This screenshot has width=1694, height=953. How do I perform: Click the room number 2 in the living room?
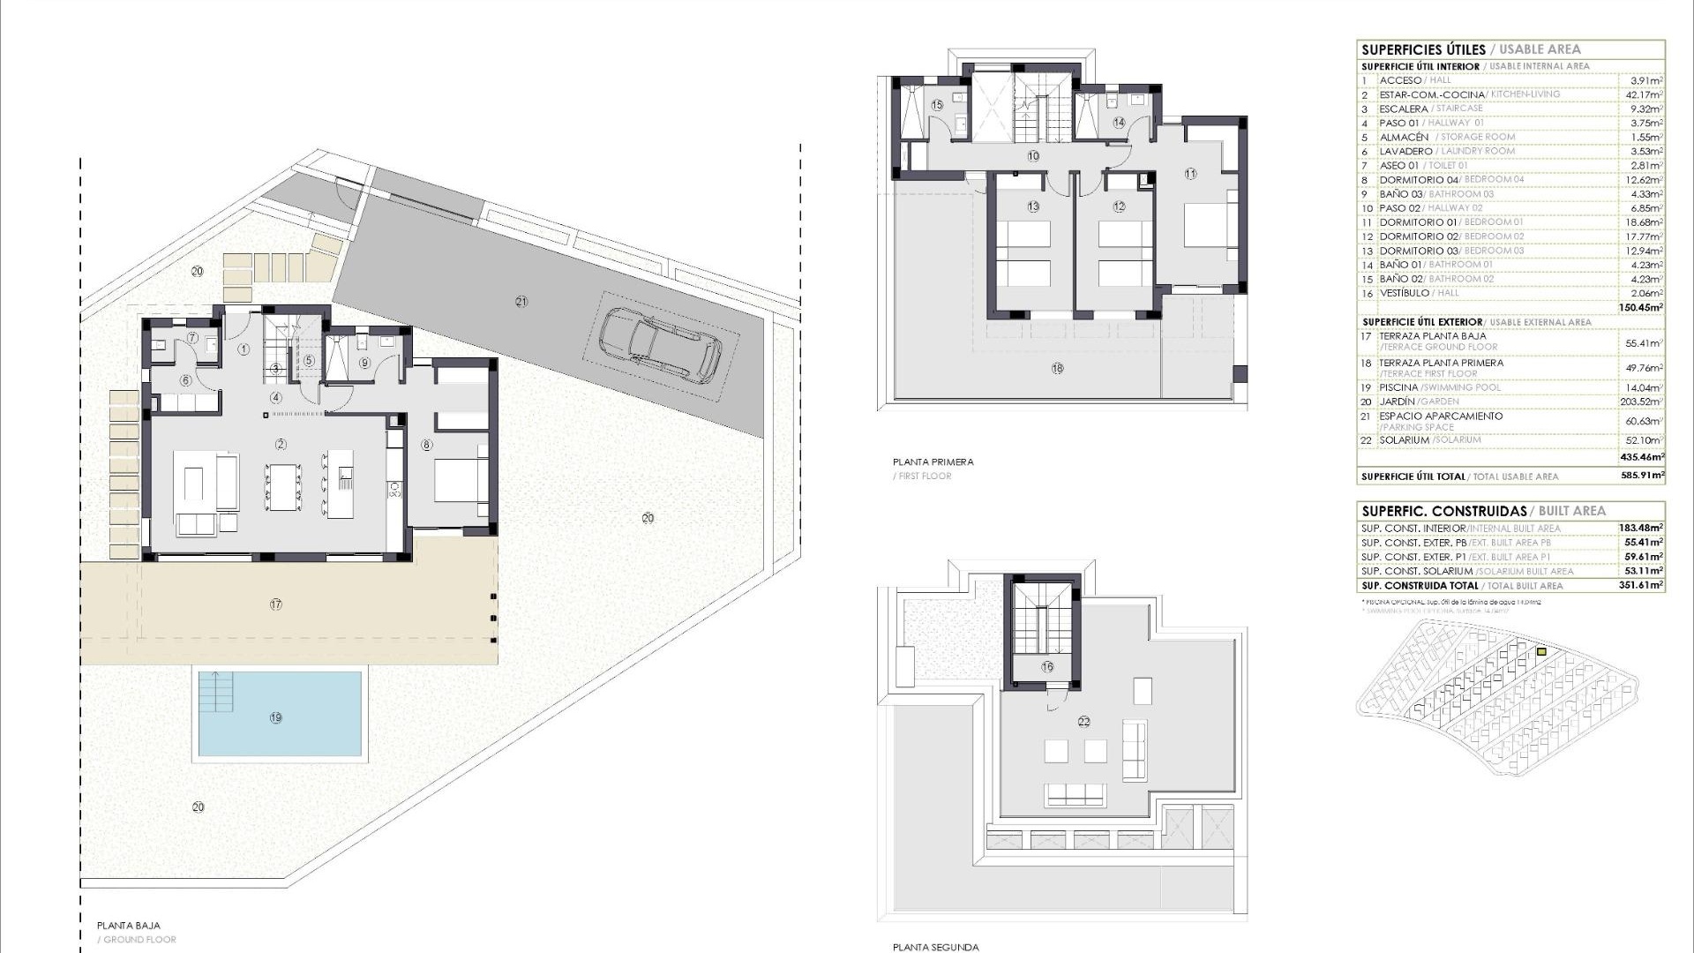click(x=281, y=444)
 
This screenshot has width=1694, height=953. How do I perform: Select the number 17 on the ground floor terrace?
click(x=276, y=604)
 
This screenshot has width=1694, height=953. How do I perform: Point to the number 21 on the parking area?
click(x=521, y=302)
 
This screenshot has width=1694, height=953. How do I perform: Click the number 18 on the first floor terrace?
click(x=1057, y=369)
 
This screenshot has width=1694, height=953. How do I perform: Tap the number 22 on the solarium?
click(x=1083, y=722)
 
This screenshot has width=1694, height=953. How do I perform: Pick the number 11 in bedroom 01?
click(x=1190, y=174)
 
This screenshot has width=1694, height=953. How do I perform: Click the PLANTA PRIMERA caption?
click(x=933, y=461)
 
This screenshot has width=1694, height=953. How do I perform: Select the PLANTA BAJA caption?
click(x=129, y=926)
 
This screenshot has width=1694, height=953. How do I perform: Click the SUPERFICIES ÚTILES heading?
click(x=1423, y=50)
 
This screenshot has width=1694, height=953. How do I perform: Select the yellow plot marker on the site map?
click(x=1541, y=652)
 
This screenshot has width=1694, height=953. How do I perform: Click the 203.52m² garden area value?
click(x=1643, y=401)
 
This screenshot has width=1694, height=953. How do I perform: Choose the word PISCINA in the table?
click(x=1398, y=387)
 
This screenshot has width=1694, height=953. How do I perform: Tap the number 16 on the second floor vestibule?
click(x=1047, y=667)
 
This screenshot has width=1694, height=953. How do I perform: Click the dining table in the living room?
click(x=283, y=486)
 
